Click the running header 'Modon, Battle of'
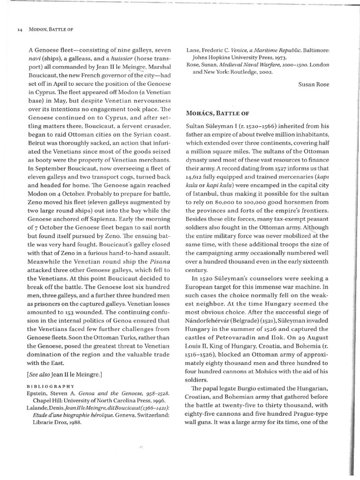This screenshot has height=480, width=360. click(x=52, y=29)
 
